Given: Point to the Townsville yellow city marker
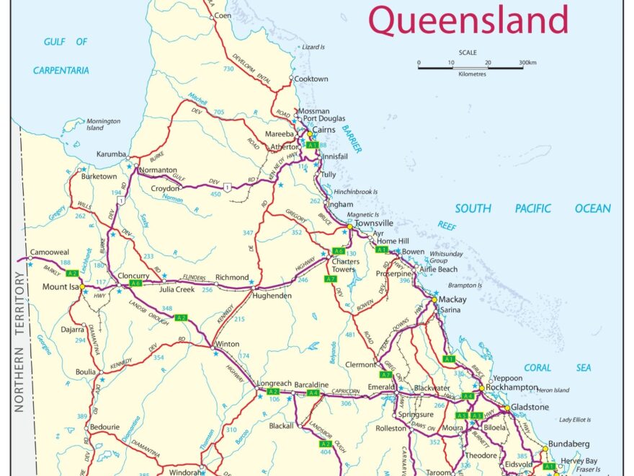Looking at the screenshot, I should pos(349,226).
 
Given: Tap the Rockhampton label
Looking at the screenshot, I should pos(512,387).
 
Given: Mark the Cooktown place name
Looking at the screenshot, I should pos(311,79).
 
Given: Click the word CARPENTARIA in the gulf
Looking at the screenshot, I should pos(61,71).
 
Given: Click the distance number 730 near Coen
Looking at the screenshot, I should pos(229,69).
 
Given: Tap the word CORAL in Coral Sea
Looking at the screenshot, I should pos(537,368).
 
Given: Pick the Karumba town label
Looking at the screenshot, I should pos(112,154).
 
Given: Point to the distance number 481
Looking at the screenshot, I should pos(351,335).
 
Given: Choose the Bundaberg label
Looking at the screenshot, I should pos(569,444).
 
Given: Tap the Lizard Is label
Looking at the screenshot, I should pos(313,47).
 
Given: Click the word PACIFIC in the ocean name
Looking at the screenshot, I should pos(532,208).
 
